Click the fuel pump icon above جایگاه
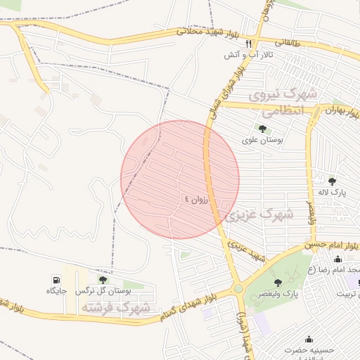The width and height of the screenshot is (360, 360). click(x=56, y=280)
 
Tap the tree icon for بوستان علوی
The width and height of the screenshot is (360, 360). click(x=262, y=129)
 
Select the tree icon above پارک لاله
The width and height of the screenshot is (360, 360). click(x=332, y=181)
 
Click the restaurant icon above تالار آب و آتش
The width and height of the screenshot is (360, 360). click(x=249, y=44)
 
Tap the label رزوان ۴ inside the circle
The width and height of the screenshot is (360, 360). click(x=196, y=199)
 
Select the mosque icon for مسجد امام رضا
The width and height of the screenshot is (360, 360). click(x=337, y=259)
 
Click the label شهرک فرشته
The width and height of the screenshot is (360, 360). click(x=115, y=307)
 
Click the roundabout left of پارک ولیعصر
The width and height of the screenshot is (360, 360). click(x=238, y=288)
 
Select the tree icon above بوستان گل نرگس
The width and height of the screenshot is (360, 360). click(x=103, y=280)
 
